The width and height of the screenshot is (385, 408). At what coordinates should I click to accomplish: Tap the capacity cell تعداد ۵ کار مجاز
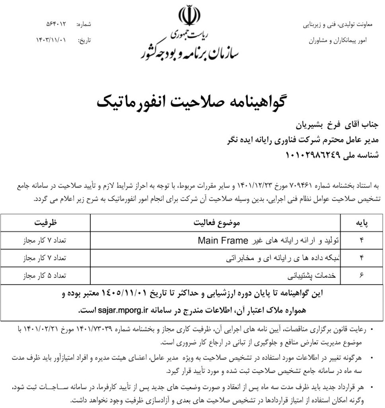click(x=45, y=275)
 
